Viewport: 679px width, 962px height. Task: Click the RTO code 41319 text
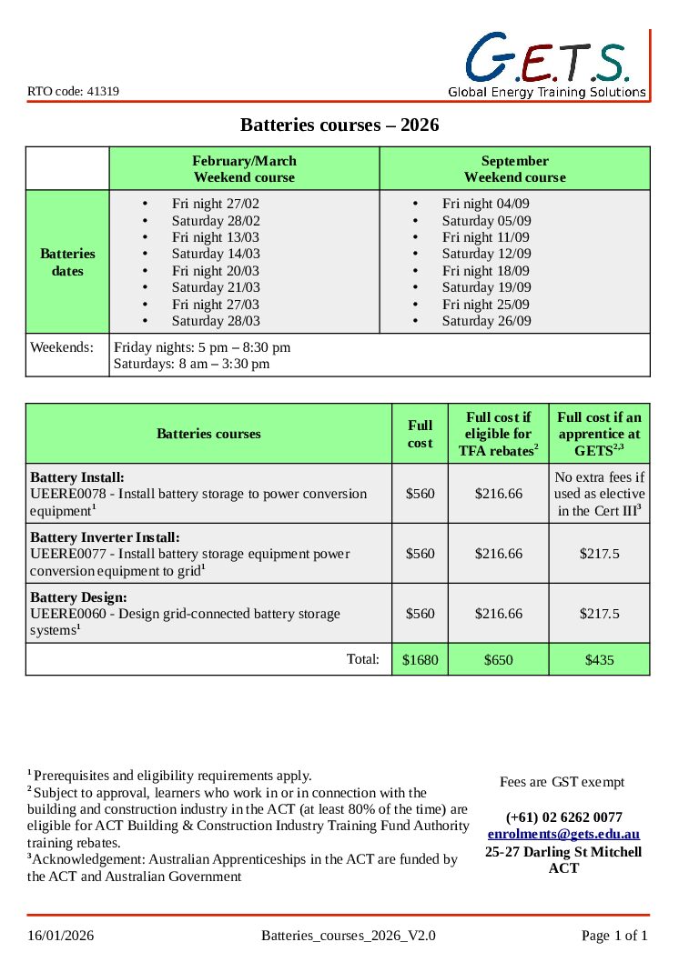coord(73,91)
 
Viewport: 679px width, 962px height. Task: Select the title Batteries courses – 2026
coord(339,125)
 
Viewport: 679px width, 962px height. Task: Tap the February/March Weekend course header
coord(244,169)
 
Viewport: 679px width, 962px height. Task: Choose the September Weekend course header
coord(514,169)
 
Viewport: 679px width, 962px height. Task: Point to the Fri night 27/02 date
coord(215,204)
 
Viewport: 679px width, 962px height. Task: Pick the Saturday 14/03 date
coord(216,254)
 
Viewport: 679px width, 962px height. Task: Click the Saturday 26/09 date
coord(486,321)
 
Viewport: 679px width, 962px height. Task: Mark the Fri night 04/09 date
coord(485,204)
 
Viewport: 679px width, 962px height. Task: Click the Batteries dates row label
coord(67,262)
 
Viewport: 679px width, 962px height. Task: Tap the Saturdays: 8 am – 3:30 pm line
coord(191,364)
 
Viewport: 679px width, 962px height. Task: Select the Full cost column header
coord(420,434)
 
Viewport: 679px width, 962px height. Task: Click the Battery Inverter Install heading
coord(105,537)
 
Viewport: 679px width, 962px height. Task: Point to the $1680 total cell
coord(420,660)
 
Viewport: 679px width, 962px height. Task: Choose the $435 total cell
coord(599,660)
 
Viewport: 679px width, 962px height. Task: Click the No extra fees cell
coord(599,494)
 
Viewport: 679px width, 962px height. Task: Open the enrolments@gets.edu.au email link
coord(563,834)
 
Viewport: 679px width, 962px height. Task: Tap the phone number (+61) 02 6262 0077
coord(563,817)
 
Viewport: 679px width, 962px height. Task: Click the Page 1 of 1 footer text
coord(614,936)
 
